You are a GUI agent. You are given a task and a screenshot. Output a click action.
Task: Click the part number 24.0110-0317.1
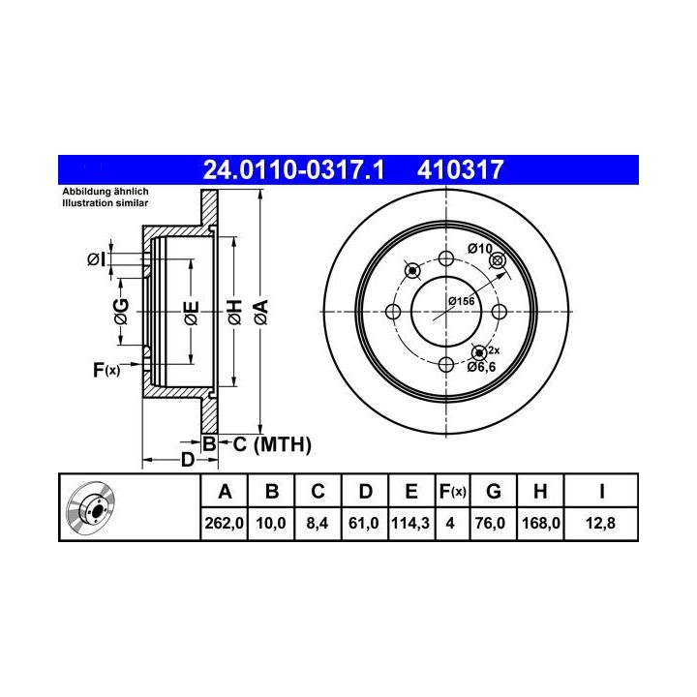(x=293, y=169)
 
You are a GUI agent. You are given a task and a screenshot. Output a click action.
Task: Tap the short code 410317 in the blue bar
(x=460, y=169)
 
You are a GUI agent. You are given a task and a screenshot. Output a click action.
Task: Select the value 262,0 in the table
(x=224, y=523)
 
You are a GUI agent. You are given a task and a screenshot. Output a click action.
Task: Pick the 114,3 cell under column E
(x=410, y=523)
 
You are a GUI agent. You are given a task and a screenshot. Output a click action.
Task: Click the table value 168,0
(x=540, y=523)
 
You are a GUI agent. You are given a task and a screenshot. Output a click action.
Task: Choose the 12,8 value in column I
(x=600, y=523)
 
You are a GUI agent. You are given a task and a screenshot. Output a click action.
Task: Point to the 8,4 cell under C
(x=318, y=523)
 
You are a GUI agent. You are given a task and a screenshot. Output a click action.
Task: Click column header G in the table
(x=494, y=492)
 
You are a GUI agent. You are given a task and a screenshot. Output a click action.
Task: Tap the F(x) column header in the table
(x=452, y=492)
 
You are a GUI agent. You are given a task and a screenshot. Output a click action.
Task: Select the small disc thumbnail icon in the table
(x=90, y=507)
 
